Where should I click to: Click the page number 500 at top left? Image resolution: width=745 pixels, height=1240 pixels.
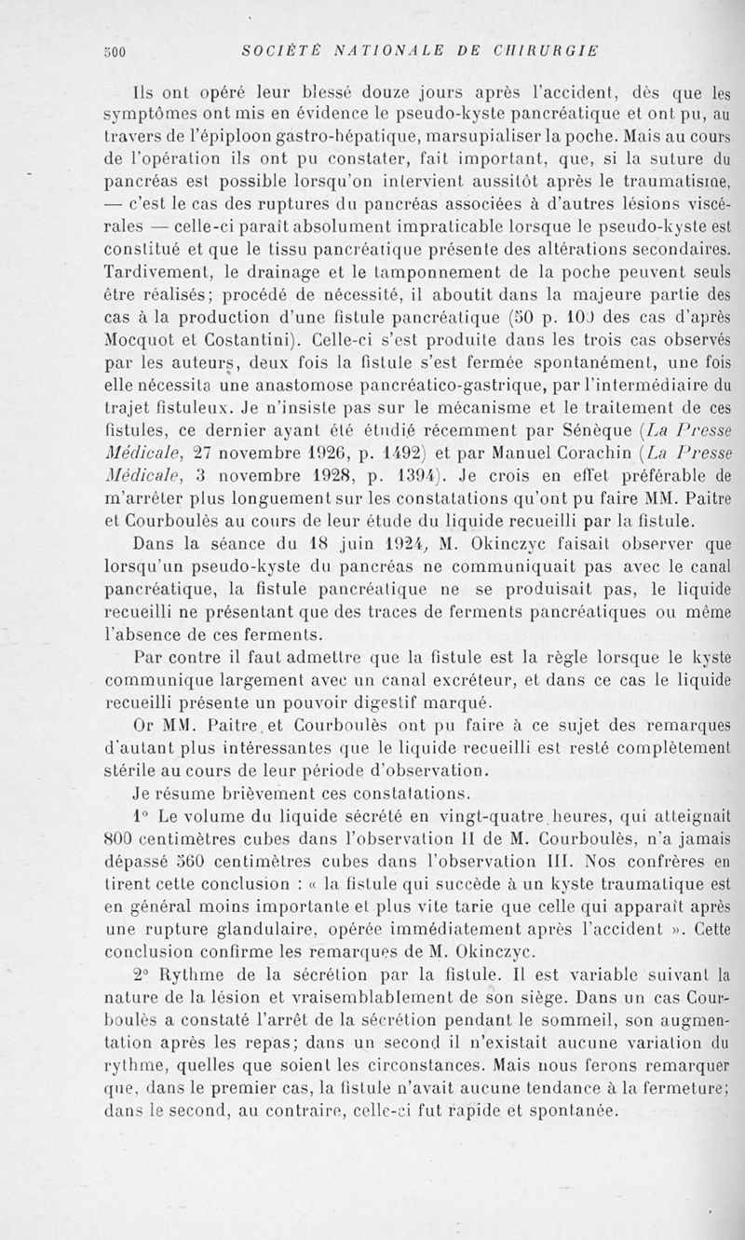pyautogui.click(x=115, y=50)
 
